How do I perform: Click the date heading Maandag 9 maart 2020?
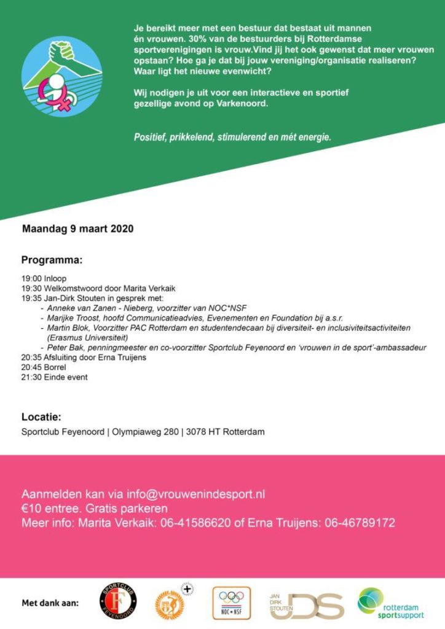[77, 229]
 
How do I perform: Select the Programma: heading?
[52, 260]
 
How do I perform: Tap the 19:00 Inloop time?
[44, 278]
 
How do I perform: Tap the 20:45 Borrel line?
[46, 367]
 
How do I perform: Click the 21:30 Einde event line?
[54, 377]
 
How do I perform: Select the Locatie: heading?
[41, 416]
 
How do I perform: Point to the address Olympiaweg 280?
[146, 432]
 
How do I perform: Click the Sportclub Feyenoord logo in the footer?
[118, 601]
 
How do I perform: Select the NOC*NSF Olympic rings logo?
[232, 602]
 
